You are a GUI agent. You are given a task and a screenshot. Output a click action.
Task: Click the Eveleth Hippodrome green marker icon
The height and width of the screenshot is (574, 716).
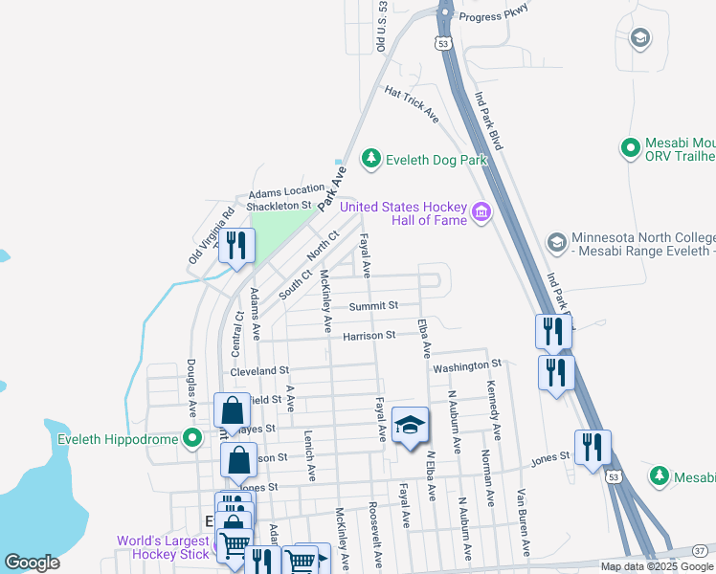(192, 439)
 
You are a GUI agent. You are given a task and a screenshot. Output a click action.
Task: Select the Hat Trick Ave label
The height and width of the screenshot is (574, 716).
(412, 103)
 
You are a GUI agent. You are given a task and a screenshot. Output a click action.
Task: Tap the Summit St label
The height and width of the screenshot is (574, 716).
(373, 306)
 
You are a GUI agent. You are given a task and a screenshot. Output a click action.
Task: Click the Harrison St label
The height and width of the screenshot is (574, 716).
(369, 336)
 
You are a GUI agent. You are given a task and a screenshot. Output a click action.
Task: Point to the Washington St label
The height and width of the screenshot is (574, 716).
(467, 365)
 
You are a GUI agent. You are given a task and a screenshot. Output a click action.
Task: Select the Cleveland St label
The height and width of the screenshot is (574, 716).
(259, 370)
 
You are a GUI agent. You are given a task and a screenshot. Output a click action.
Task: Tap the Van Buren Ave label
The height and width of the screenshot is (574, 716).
(523, 522)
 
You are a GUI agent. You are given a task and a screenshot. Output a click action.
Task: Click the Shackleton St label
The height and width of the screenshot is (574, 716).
(280, 205)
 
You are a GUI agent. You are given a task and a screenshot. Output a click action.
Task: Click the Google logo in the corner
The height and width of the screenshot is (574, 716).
(33, 562)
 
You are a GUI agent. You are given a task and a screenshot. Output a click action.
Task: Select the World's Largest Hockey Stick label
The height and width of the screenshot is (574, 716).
(163, 547)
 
